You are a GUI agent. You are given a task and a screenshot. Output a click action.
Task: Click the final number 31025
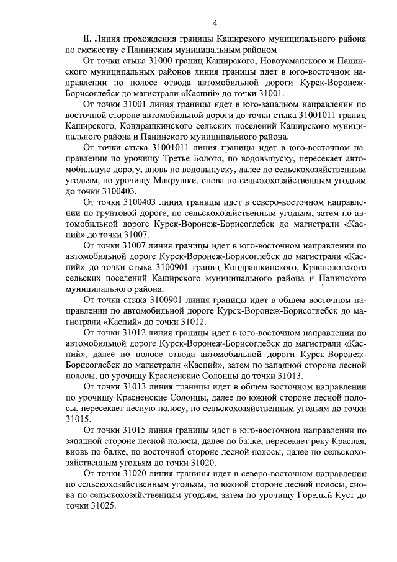coord(102,506)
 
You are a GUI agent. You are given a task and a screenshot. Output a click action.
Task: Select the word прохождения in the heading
coord(156,39)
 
